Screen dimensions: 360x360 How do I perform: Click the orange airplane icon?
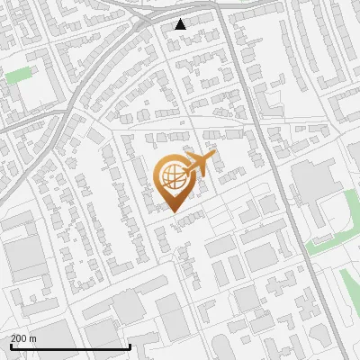pyautogui.click(x=199, y=165)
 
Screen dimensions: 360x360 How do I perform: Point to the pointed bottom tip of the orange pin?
pyautogui.click(x=173, y=211)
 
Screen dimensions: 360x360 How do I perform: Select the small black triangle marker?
pyautogui.click(x=180, y=24)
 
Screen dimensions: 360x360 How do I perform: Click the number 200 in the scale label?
pyautogui.click(x=19, y=338)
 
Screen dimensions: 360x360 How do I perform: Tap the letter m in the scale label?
pyautogui.click(x=33, y=338)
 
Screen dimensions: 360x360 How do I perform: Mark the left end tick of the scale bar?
pyautogui.click(x=10, y=346)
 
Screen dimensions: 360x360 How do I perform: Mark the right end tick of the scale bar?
pyautogui.click(x=131, y=346)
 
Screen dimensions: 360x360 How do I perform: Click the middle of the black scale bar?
pyautogui.click(x=70, y=347)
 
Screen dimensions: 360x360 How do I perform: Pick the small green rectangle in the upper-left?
pyautogui.click(x=18, y=75)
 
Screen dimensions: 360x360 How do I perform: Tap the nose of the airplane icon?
pyautogui.click(x=214, y=155)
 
